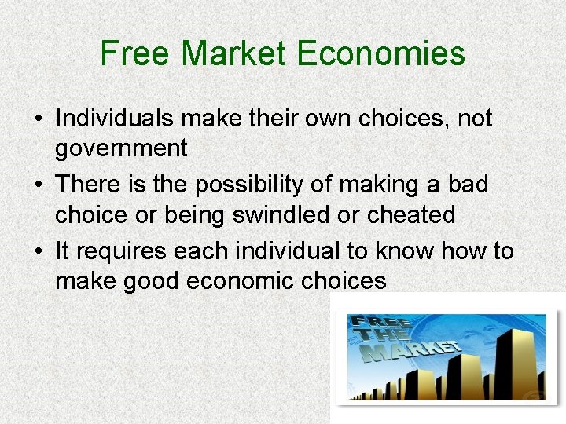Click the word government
[x=121, y=148]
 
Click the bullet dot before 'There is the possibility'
[x=39, y=185]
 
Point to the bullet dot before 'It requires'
[x=39, y=252]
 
